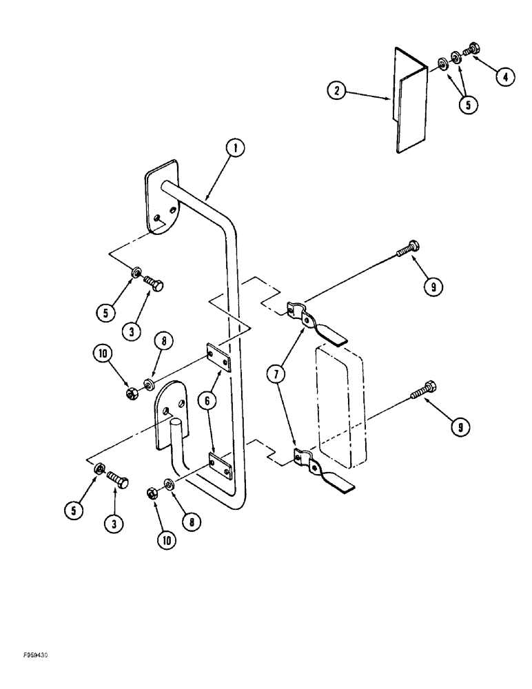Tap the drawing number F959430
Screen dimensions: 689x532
pos(25,657)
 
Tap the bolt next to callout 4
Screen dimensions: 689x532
pos(473,50)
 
